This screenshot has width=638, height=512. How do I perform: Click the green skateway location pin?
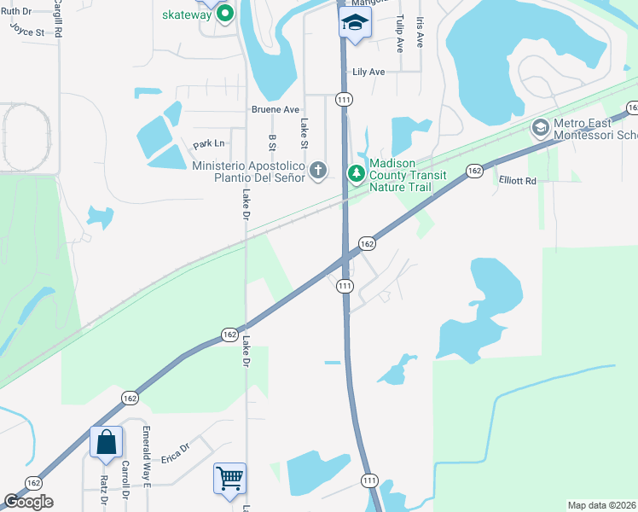pos(226,14)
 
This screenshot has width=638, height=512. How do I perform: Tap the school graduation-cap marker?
pos(353,22)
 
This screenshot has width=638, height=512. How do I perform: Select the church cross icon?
pos(318,171)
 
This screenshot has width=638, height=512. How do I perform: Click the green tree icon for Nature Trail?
pos(356,174)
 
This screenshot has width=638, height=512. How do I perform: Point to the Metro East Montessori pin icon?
pos(539,129)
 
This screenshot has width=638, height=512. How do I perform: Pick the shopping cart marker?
pos(230,479)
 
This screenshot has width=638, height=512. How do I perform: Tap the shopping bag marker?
pos(106,443)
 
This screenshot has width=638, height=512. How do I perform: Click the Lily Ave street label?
pos(365,73)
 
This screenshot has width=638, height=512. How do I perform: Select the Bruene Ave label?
pos(275,109)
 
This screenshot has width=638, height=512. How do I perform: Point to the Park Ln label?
pos(209,144)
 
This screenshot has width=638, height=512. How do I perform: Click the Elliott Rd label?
pos(518,181)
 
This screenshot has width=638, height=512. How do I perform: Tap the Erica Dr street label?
pos(174,448)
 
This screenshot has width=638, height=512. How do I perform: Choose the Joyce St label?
pos(26,32)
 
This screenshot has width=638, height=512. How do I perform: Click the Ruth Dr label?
pos(15,12)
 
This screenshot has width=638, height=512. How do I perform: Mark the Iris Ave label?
pos(420,31)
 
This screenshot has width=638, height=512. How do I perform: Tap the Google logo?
pos(28,502)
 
